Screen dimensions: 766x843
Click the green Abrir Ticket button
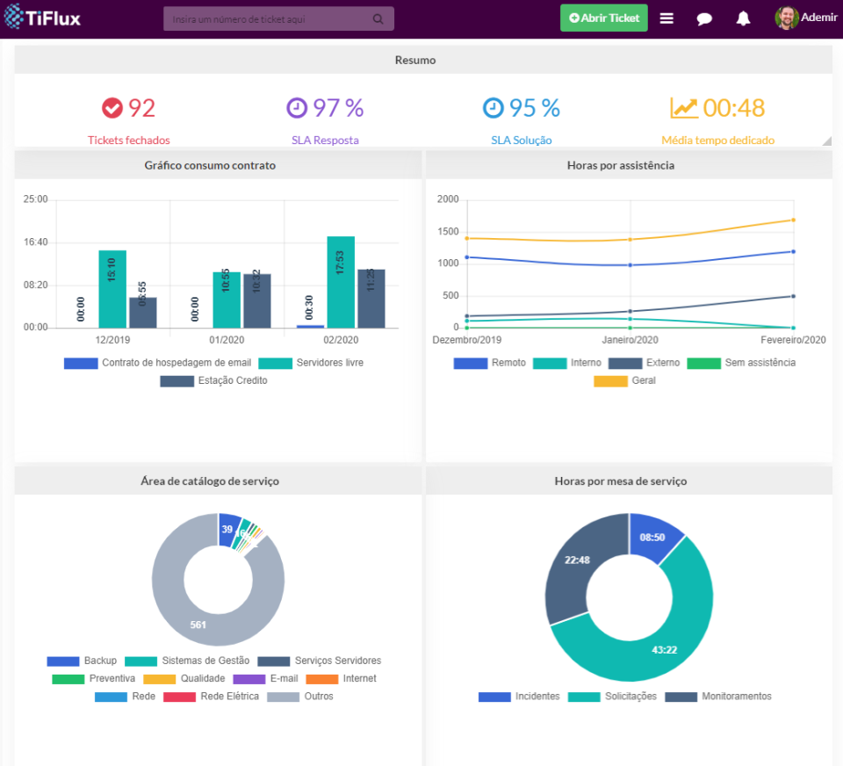pos(604,18)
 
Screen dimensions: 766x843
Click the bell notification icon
pos(743,18)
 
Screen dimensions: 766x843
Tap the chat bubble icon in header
pos(704,18)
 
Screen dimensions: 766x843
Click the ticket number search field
pos(272,18)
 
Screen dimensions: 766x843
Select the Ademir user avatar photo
pos(787,18)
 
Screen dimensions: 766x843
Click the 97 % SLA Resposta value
pos(326,108)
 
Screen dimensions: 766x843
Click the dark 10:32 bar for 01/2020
pos(257,300)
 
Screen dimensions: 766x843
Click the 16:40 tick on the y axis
pos(36,242)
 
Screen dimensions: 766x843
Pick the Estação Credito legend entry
pos(214,381)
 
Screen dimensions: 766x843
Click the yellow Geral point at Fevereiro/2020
pos(793,220)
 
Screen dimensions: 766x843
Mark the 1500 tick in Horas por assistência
pos(448,232)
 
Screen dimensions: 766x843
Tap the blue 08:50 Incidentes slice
pos(653,537)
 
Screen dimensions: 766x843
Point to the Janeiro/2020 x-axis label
pos(630,340)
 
